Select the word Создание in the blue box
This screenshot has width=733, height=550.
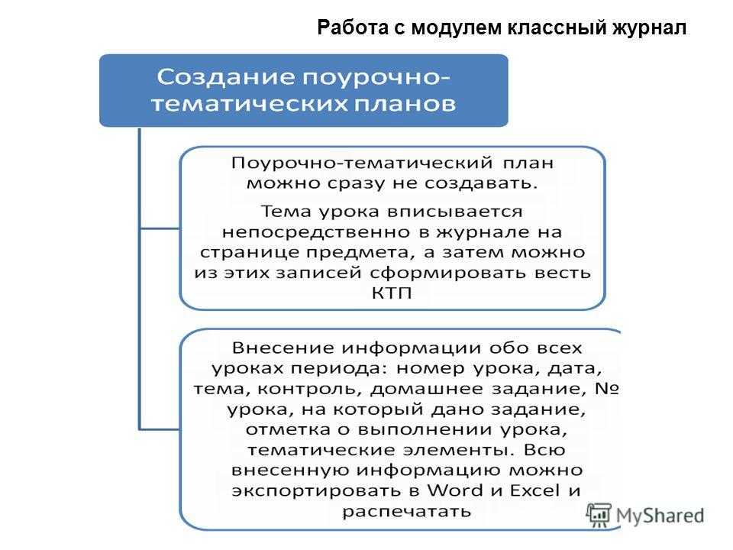[226, 76]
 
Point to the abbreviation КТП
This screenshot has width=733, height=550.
[392, 293]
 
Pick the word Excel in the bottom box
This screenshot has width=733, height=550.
[534, 490]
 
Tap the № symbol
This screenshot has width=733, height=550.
[607, 388]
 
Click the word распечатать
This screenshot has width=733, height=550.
[406, 511]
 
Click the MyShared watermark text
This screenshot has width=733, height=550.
[660, 516]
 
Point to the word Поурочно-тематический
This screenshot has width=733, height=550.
[362, 163]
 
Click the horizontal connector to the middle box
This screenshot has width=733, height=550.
[160, 228]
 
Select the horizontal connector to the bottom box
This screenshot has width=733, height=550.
[160, 429]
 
